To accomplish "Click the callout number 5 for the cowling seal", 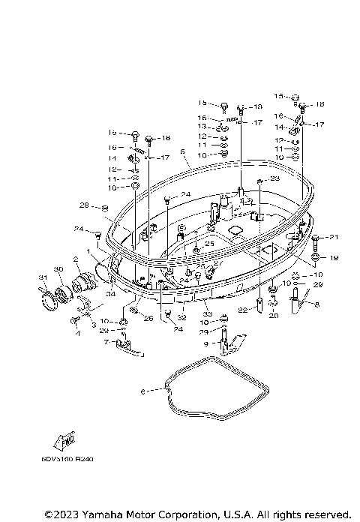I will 182,151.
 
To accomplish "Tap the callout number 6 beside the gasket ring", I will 142,390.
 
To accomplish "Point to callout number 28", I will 84,205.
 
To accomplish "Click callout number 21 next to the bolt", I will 334,238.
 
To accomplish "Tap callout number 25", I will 210,243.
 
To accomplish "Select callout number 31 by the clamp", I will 43,280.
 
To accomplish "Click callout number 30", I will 58,268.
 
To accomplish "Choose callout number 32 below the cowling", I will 181,317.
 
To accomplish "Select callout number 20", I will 273,316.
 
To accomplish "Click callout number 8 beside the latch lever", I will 316,304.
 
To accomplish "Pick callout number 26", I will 148,318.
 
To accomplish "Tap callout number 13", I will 202,127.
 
